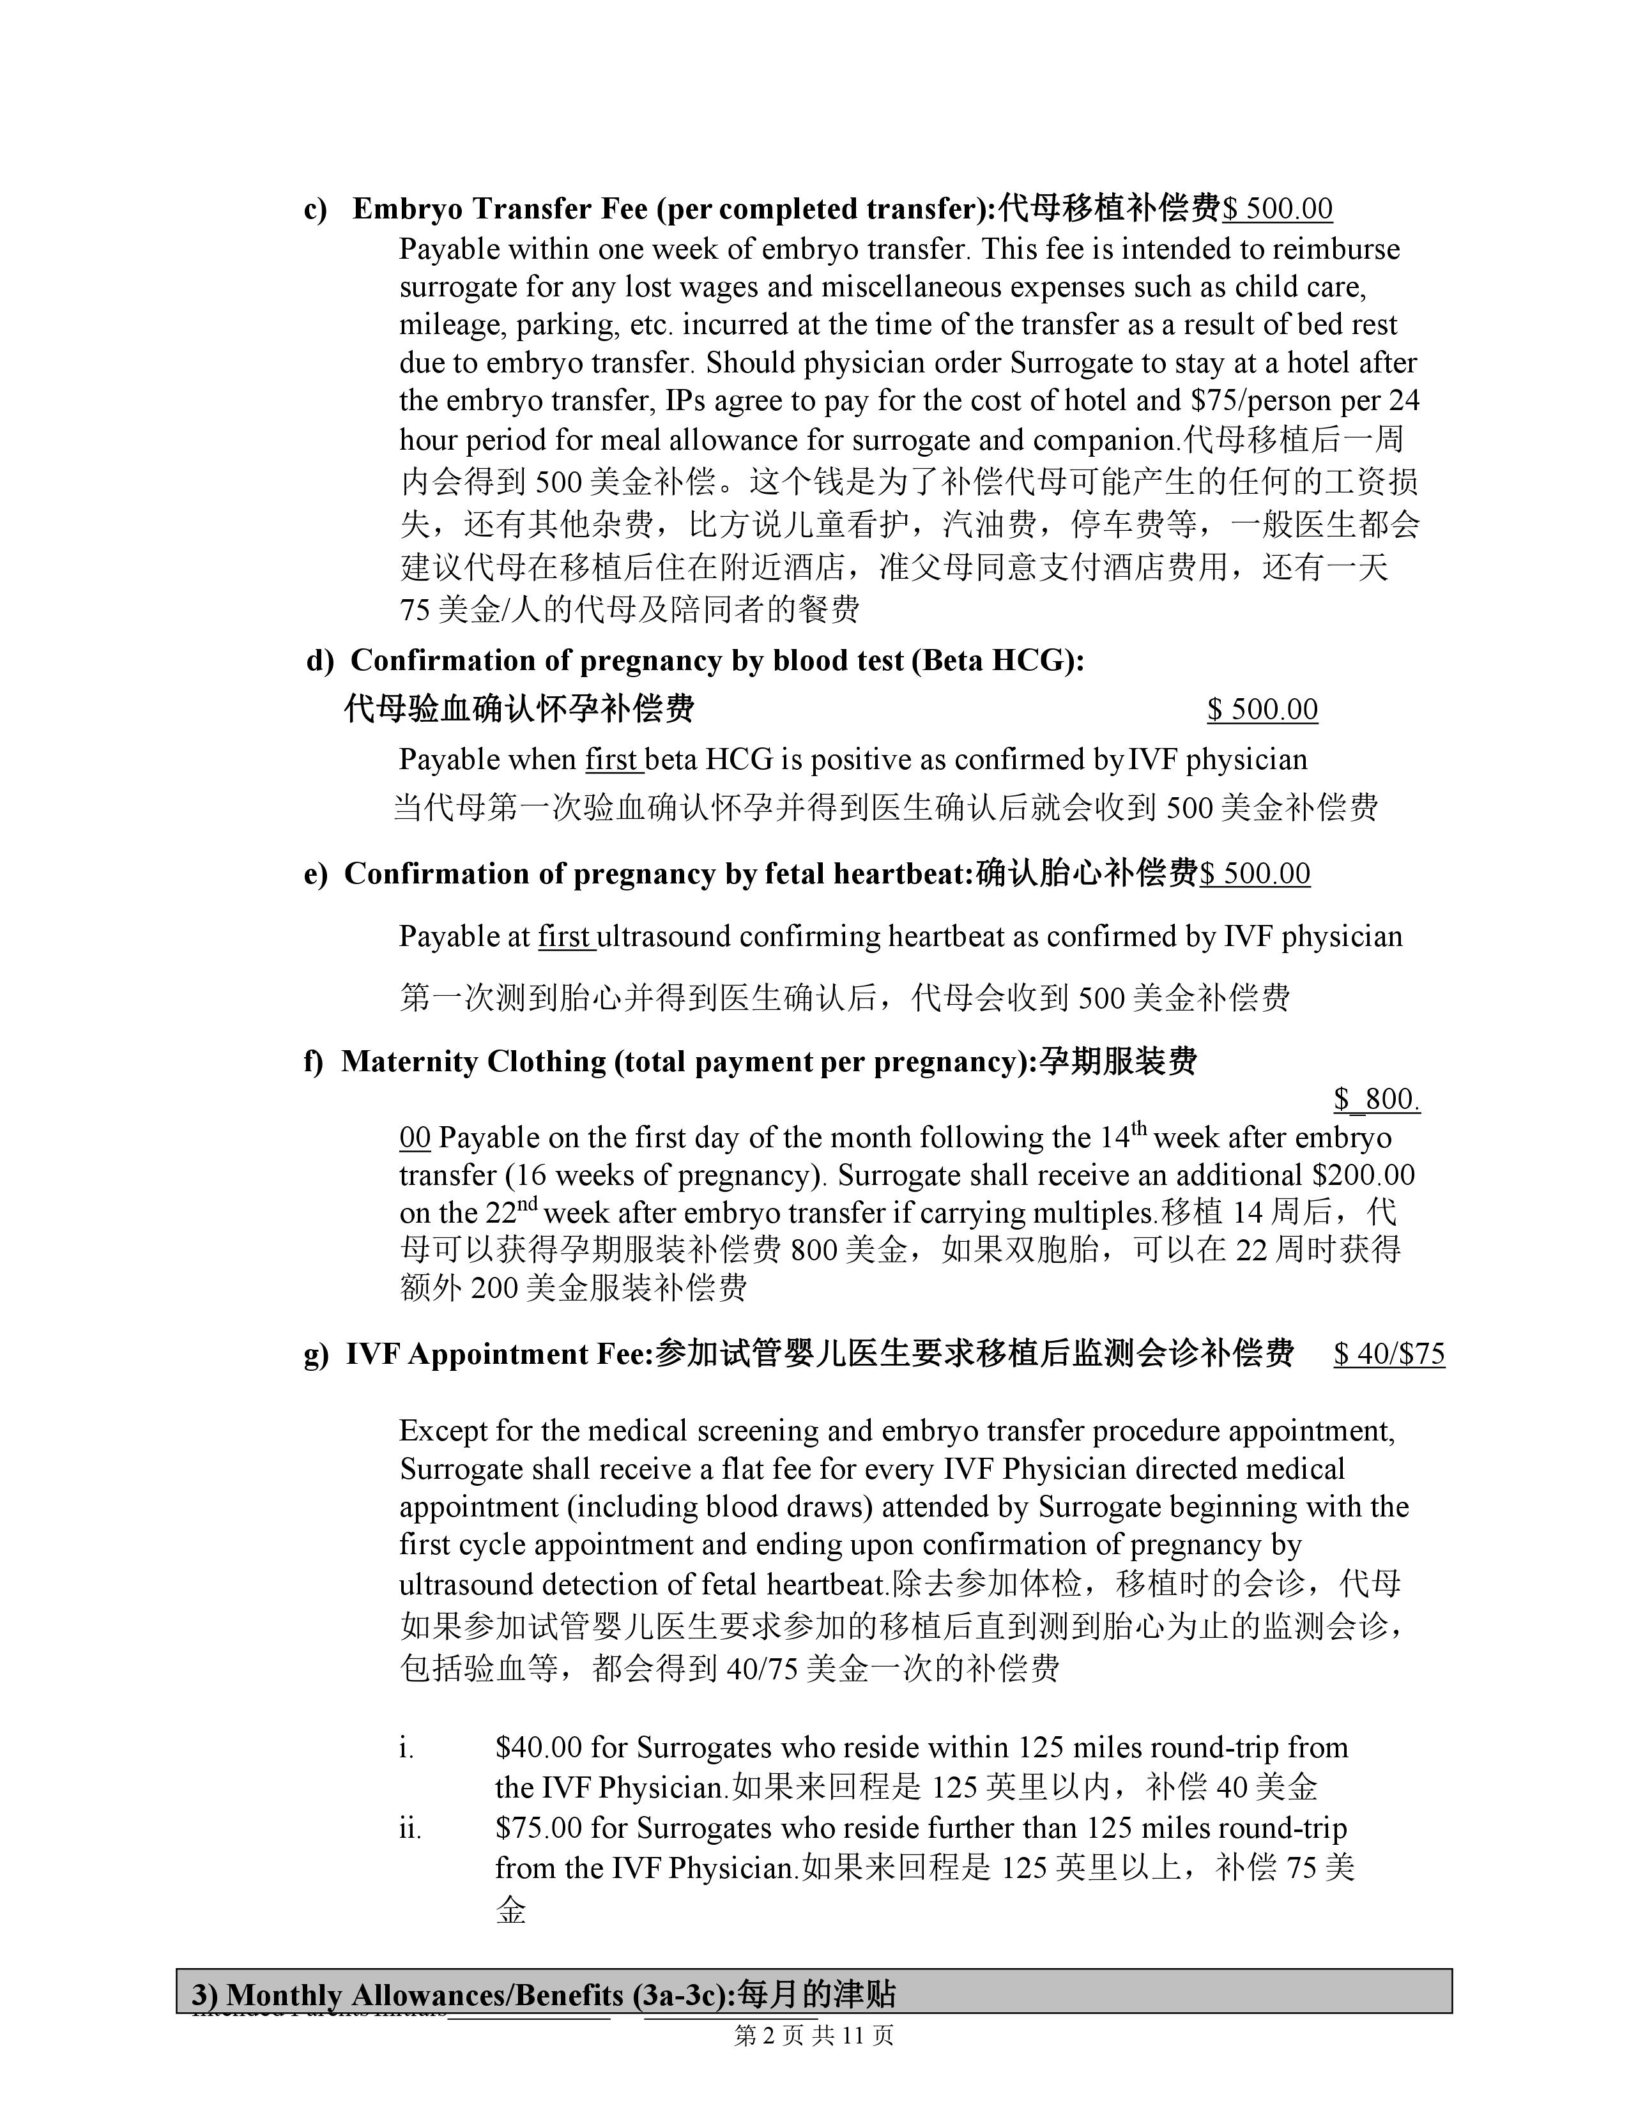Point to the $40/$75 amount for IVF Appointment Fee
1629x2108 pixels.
click(x=1389, y=1354)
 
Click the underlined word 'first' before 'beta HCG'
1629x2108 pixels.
click(x=613, y=760)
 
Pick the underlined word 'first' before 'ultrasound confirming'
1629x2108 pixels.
click(x=565, y=936)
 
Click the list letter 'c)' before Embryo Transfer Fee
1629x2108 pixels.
click(x=316, y=210)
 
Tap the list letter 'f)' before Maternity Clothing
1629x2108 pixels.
click(x=312, y=1062)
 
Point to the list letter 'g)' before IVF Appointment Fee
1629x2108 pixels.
click(x=316, y=1355)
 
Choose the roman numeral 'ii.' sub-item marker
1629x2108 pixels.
click(x=410, y=1828)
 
